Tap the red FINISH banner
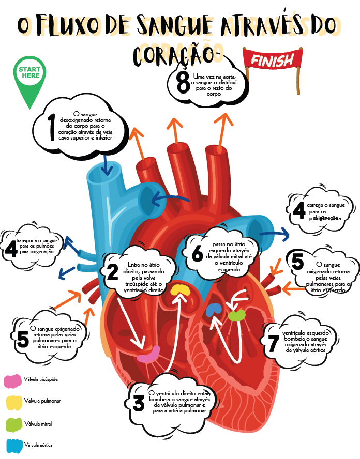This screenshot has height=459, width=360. coord(272,60)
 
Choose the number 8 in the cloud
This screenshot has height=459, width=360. coord(183,83)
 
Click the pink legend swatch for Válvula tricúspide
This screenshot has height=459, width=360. coord(12,381)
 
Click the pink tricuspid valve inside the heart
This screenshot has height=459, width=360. coord(149,355)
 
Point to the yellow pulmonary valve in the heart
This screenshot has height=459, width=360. coord(181,290)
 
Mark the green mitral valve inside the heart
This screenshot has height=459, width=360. coord(236,315)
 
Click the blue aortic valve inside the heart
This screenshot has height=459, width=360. coord(213,310)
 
